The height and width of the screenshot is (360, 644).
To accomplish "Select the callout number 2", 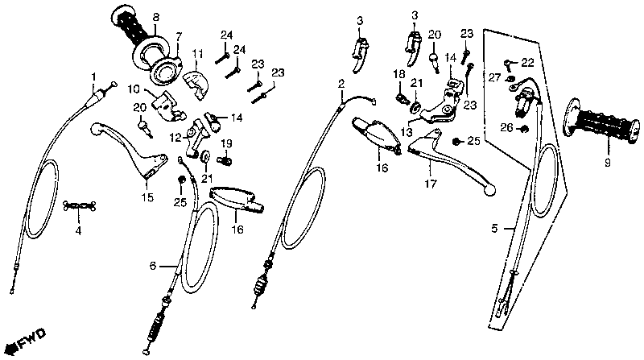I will click(341, 84).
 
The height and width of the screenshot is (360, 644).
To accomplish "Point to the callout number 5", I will click(495, 228).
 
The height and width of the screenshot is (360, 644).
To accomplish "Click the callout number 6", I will click(153, 265).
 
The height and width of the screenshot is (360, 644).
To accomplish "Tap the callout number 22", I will click(527, 62).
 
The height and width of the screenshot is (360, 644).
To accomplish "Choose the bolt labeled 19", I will click(225, 159).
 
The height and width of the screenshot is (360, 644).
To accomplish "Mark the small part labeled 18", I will click(401, 98).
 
